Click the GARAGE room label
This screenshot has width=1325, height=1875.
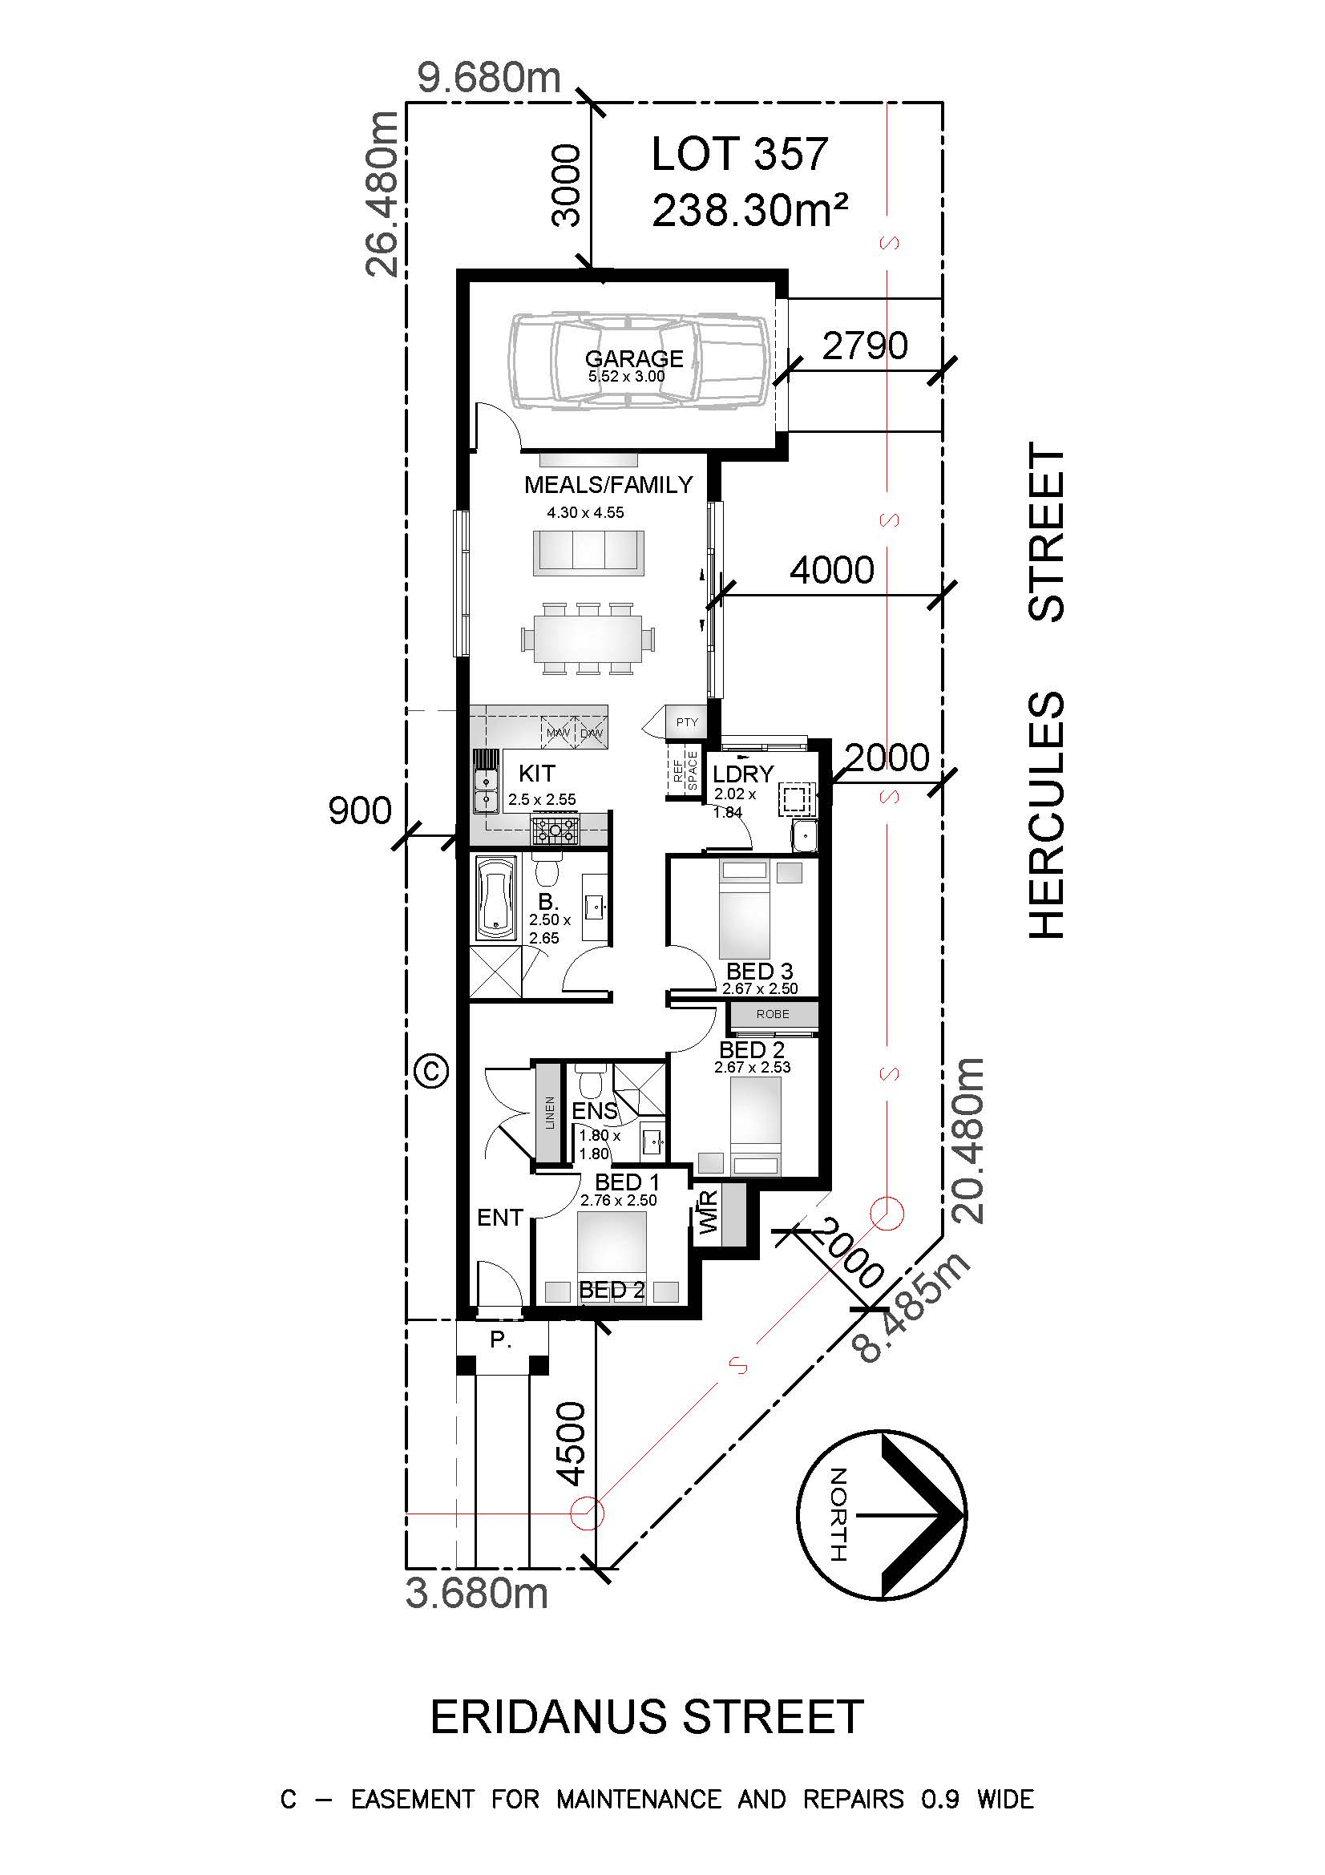(x=634, y=358)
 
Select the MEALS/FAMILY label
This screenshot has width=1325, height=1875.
(x=608, y=485)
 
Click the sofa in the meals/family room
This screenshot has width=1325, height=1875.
(x=588, y=552)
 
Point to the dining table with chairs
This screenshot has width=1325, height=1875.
(x=588, y=638)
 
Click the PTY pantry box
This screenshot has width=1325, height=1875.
(x=687, y=722)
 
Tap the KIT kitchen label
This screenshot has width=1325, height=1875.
(x=536, y=773)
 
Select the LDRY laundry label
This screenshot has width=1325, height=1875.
(x=742, y=774)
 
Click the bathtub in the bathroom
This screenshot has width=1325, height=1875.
(x=496, y=898)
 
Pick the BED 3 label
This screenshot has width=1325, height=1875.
(x=759, y=972)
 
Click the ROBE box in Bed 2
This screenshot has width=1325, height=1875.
(x=772, y=1014)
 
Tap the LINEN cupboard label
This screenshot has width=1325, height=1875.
(x=549, y=1113)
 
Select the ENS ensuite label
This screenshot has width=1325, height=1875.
(x=594, y=1110)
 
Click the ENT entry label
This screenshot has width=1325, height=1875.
(x=499, y=1218)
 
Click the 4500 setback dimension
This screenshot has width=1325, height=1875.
(x=570, y=1444)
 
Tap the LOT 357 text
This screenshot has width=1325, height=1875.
(x=740, y=155)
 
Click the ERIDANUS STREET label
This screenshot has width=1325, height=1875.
(x=647, y=1717)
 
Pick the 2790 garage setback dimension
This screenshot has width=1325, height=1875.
(x=865, y=346)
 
